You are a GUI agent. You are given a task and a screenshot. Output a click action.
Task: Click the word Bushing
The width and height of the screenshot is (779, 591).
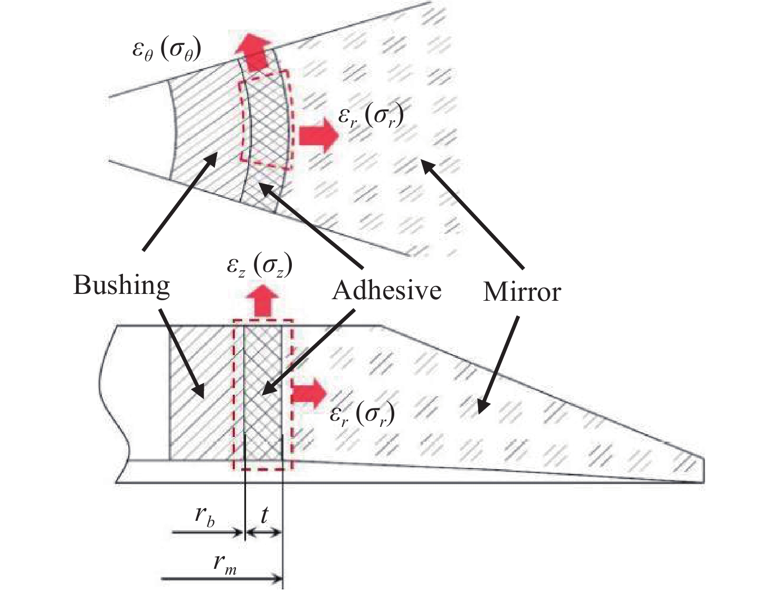pos(121,286)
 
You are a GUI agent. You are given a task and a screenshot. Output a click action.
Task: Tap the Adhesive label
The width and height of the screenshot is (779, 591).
pos(386,290)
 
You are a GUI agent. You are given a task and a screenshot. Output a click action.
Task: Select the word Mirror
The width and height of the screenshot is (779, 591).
pos(521,291)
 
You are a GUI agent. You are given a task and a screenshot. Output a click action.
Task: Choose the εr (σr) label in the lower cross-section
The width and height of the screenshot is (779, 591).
pos(363,414)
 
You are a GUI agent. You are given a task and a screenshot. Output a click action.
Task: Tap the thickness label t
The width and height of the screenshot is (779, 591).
pos(264,514)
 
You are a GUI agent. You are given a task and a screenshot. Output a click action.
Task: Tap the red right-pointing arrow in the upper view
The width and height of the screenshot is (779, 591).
pos(317,136)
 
